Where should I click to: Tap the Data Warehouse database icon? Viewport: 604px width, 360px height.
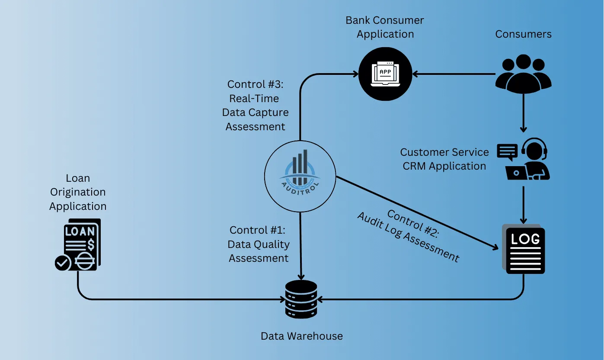[301, 299]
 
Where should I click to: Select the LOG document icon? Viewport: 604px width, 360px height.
[524, 250]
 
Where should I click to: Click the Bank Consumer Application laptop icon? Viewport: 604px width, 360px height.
[385, 74]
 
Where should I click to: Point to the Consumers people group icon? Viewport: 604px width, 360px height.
[523, 74]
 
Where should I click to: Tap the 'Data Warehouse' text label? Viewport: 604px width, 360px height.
[301, 336]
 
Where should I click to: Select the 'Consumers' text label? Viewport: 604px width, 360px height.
[523, 34]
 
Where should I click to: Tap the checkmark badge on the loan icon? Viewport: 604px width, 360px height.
[63, 263]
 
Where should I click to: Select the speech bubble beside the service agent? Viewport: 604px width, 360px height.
[507, 151]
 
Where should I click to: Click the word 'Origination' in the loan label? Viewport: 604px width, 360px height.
[78, 192]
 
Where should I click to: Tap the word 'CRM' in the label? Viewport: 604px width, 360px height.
[417, 166]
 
